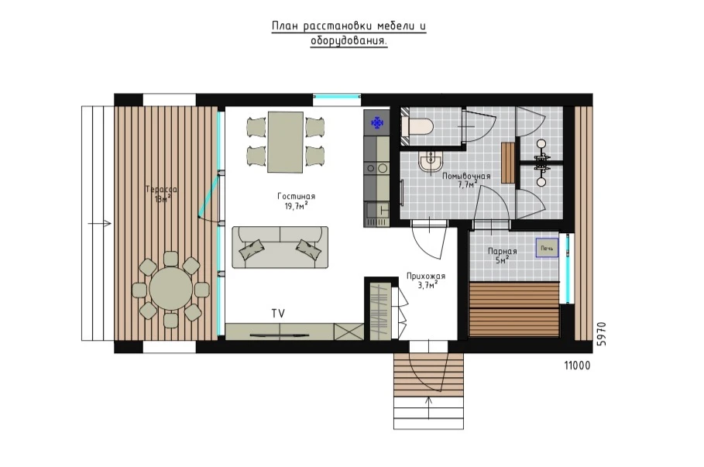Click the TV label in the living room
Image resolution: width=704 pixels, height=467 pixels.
point(278,314)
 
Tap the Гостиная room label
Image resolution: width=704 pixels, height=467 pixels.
point(297,196)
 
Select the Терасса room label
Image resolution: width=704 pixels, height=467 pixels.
point(161,190)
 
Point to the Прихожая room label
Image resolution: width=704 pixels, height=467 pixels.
point(426,276)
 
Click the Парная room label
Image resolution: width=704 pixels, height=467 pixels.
point(503,252)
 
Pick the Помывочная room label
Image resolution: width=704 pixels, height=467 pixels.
point(466,176)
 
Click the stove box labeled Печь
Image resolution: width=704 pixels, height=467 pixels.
point(547,248)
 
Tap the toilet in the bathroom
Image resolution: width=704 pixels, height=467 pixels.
point(417,126)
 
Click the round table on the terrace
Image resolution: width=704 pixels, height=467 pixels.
point(171,288)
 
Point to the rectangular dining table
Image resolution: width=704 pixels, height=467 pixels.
point(286,142)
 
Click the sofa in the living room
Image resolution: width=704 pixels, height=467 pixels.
point(280,247)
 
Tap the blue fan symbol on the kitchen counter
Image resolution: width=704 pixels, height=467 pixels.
point(377,122)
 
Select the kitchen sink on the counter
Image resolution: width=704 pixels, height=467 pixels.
point(377,215)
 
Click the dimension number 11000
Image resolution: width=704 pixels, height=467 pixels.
point(578,366)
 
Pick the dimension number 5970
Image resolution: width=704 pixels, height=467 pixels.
point(602,333)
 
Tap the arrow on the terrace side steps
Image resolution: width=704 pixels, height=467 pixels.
point(100,223)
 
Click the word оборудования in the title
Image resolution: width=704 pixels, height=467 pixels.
point(349,41)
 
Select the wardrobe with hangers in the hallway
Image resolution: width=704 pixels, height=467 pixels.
point(380,311)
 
